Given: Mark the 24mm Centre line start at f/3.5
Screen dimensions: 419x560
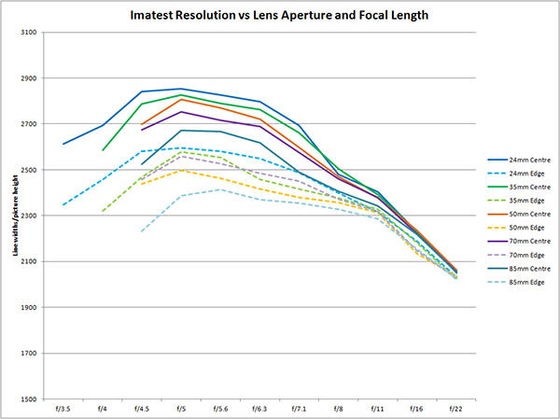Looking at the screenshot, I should click(x=63, y=144).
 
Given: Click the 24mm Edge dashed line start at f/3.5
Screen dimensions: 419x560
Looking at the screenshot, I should click(x=63, y=204).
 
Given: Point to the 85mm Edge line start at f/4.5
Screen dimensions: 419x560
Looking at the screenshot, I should click(x=142, y=231).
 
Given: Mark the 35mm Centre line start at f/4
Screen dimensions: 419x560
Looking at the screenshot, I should click(x=103, y=150).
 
